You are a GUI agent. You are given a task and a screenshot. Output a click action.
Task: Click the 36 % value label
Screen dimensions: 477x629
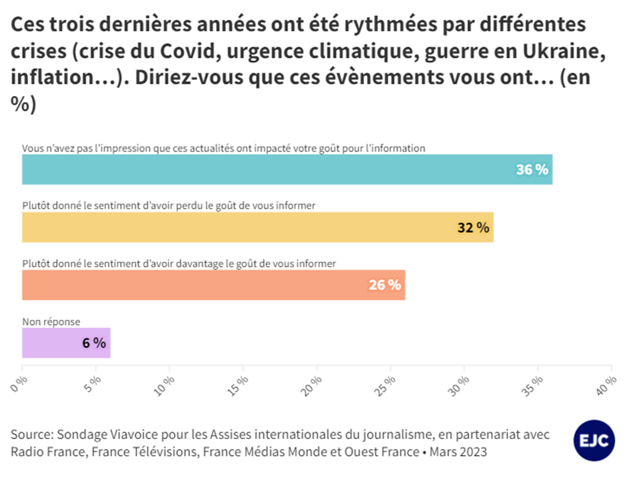click(532, 170)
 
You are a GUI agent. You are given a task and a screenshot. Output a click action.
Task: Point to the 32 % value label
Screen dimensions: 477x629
click(473, 228)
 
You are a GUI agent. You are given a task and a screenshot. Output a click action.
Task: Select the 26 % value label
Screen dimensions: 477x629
click(384, 285)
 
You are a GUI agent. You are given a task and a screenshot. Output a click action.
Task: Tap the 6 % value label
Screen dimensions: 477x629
click(94, 343)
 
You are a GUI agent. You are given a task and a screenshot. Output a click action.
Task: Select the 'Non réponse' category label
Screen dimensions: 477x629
click(51, 321)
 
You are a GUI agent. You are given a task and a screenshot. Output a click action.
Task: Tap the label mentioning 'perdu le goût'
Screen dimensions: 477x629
click(169, 206)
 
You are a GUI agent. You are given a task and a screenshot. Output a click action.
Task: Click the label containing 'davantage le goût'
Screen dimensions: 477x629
click(179, 263)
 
